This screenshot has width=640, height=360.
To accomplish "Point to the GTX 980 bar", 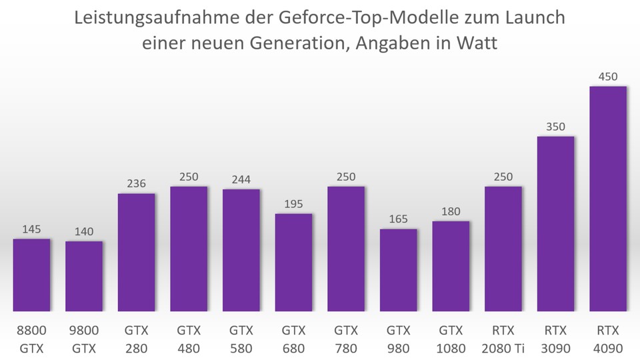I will (398, 270).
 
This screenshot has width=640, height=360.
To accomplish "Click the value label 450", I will (608, 76).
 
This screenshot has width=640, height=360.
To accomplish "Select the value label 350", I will (555, 127).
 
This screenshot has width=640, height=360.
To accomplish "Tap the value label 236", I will (136, 184).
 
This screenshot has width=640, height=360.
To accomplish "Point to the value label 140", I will (83, 231).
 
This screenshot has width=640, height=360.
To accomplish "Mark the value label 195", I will (293, 204).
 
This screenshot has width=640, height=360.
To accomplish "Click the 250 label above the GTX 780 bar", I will (346, 177).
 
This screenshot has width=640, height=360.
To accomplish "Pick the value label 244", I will (241, 179).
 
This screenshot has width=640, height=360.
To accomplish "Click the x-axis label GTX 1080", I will (451, 339).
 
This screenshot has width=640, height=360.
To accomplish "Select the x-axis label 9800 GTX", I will (83, 339).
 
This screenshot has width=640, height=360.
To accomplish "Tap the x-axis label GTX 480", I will (189, 339).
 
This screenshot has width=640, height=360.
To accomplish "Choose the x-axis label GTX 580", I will (241, 339).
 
